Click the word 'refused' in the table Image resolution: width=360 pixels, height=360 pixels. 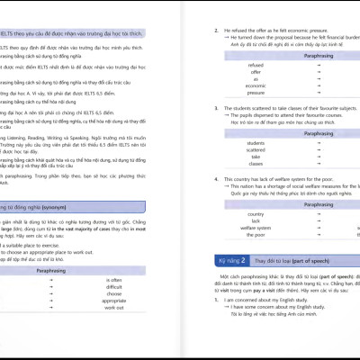[256, 66]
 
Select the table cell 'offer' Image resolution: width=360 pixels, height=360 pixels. [256, 73]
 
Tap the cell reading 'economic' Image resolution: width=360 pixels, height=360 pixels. [256, 85]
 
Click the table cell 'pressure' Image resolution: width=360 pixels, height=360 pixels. [256, 92]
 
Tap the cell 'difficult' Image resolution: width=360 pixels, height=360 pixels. [114, 286]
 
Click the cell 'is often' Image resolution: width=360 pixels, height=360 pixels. [114, 280]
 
